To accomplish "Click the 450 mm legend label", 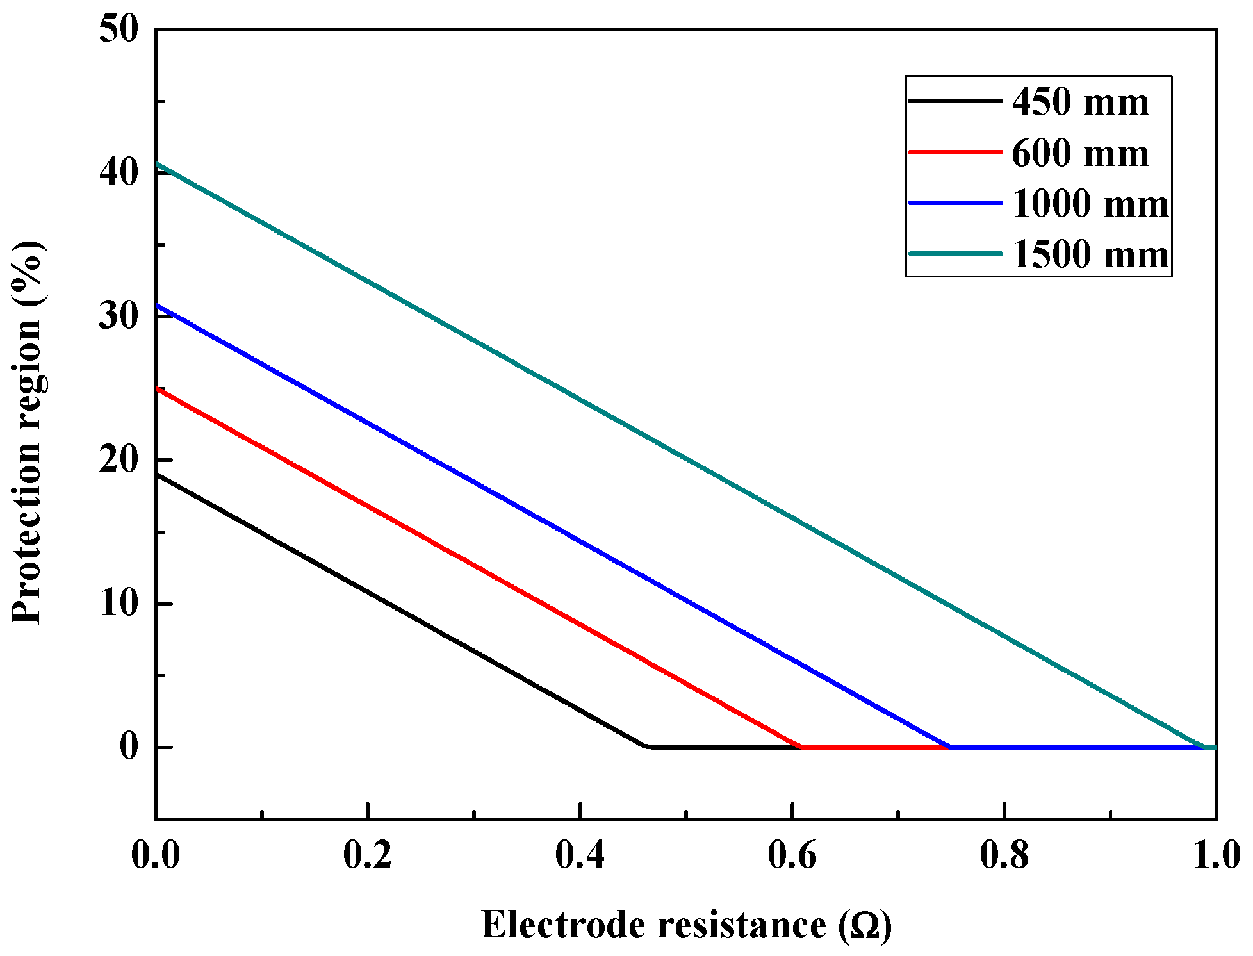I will [1080, 103].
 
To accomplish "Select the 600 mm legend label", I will [1080, 154].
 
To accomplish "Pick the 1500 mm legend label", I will [1090, 254].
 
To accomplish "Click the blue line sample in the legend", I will [955, 203].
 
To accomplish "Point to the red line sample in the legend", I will [955, 152].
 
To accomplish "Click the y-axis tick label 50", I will [119, 29].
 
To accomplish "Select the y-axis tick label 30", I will [119, 316].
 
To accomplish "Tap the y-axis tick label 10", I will [119, 604].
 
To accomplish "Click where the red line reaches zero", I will [801, 746].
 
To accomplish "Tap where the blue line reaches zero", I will [951, 746].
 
